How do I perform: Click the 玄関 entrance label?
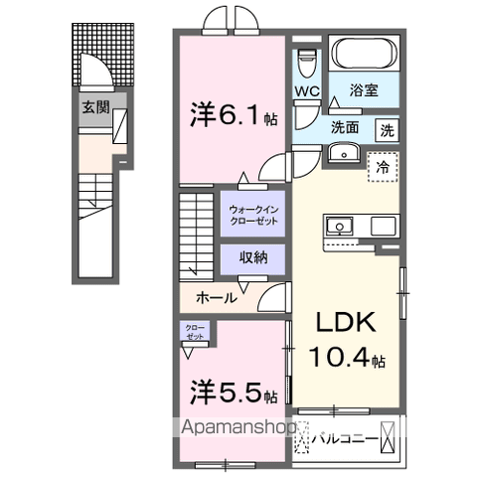95,106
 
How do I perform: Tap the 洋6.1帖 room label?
233,116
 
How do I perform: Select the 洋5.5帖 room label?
233,395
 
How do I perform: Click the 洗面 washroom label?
345,127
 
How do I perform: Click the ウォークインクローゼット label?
252,216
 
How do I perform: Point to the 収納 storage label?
252,257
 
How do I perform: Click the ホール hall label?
216,296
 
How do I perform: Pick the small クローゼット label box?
194,332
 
